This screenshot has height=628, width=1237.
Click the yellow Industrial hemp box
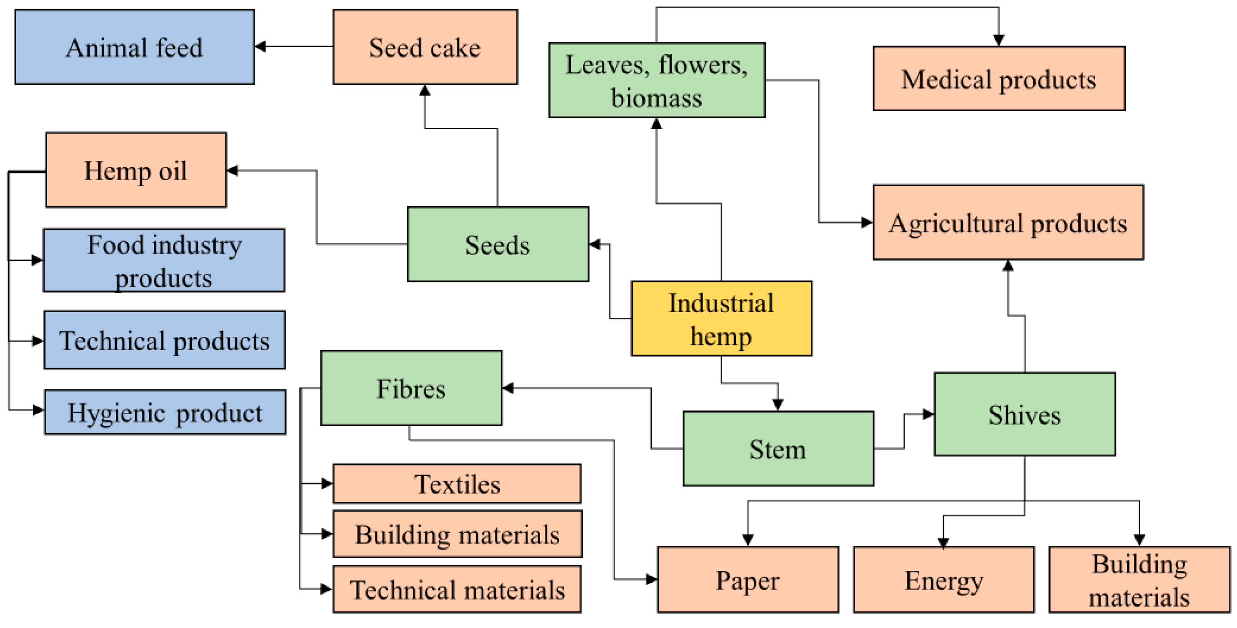(721, 318)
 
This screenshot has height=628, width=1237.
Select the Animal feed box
(134, 47)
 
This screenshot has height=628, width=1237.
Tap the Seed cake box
(425, 47)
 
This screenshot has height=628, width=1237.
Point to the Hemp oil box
(136, 170)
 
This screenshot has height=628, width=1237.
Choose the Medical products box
(999, 79)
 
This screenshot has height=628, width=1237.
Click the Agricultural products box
(1008, 222)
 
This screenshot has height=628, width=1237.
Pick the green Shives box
(1024, 414)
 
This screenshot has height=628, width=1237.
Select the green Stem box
(778, 448)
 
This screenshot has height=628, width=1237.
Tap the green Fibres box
(411, 388)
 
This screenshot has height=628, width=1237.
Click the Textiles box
(457, 484)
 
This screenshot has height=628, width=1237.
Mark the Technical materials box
(457, 589)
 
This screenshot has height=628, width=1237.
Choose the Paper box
(748, 580)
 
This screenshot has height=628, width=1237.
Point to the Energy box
(943, 580)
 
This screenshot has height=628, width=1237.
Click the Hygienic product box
(165, 412)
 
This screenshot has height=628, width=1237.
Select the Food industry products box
(164, 260)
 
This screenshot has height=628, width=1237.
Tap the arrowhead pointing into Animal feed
(260, 47)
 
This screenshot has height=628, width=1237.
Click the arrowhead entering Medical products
(999, 41)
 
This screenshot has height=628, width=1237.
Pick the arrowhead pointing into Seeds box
(594, 244)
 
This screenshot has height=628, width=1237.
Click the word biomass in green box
(656, 98)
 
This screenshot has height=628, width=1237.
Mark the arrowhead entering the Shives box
(928, 414)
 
